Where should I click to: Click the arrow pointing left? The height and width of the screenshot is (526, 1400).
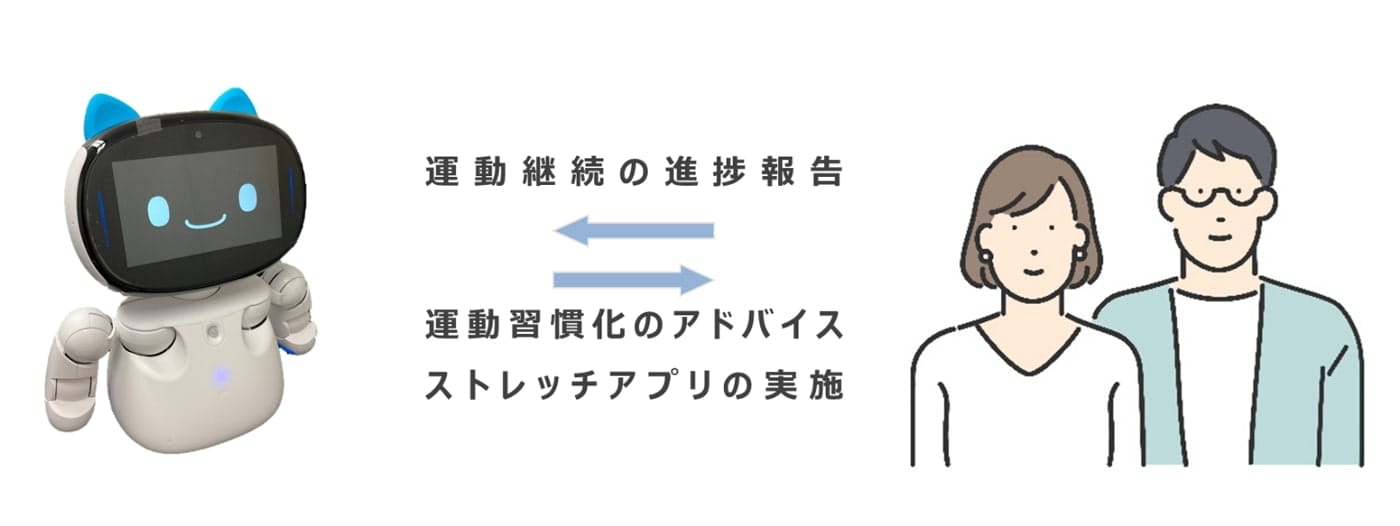point(634,231)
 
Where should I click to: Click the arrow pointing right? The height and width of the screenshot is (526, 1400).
point(634,279)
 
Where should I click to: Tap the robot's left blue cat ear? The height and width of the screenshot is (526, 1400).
point(110,117)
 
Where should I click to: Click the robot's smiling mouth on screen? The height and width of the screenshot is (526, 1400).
point(206,222)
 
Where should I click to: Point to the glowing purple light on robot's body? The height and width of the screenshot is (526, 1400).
point(219,376)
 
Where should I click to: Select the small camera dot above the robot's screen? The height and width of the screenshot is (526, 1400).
point(198,134)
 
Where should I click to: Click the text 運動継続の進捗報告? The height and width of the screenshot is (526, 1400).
point(634,171)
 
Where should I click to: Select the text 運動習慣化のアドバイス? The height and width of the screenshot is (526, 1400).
point(634,324)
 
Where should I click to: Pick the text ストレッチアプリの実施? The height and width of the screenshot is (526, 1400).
point(634,384)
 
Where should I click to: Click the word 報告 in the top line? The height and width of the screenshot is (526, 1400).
point(802,171)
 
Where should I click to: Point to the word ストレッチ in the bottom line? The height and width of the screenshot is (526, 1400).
point(507,384)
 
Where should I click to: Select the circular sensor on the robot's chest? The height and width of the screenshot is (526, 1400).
point(213,332)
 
